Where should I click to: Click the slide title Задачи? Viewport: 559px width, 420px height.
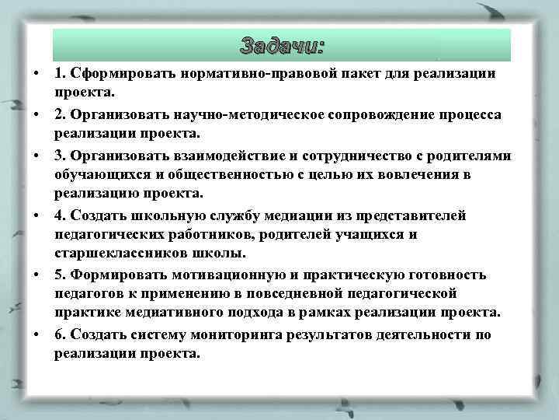[282, 45]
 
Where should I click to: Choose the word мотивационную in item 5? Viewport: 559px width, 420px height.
[220, 275]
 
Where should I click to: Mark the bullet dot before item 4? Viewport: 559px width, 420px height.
[36, 215]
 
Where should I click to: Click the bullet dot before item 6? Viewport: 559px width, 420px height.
[36, 334]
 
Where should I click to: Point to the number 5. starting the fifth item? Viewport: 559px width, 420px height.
[60, 275]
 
